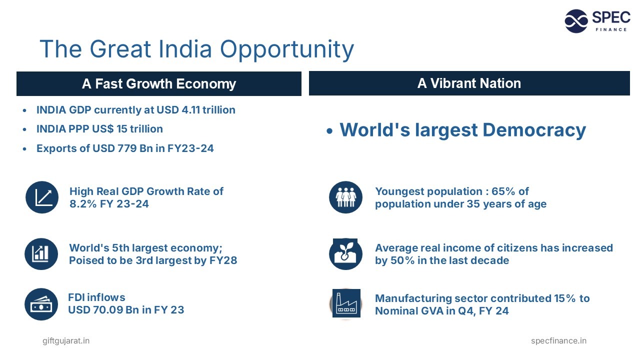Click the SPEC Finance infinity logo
click(x=576, y=21)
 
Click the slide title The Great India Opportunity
click(x=196, y=49)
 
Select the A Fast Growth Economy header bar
click(x=159, y=83)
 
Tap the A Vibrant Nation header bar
click(x=469, y=83)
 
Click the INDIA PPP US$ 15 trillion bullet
click(x=99, y=129)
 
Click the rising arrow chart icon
click(x=42, y=197)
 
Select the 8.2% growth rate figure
click(x=82, y=204)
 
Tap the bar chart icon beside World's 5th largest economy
click(x=41, y=254)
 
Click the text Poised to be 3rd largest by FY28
click(x=153, y=260)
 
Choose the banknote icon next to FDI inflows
click(x=41, y=304)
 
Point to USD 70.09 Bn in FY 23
click(x=126, y=310)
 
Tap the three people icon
click(x=345, y=197)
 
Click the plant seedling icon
click(x=345, y=254)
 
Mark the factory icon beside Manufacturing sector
click(x=346, y=304)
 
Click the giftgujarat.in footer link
click(x=66, y=341)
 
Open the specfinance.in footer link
click(x=558, y=341)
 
